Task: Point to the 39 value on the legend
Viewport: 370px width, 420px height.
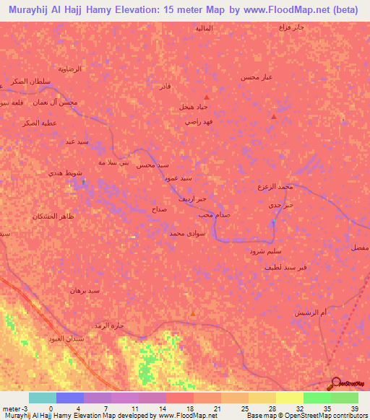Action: (354, 408)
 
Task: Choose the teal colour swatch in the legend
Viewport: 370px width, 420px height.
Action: (42, 398)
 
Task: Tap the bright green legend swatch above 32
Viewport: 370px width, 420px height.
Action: (317, 398)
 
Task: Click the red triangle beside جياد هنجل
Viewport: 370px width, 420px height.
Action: (207, 97)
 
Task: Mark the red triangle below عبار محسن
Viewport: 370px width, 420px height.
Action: (273, 116)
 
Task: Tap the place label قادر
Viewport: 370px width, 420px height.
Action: (165, 86)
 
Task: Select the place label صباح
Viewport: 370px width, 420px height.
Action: (159, 208)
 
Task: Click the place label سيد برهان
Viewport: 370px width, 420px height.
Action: (85, 290)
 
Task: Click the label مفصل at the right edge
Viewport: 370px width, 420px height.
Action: (359, 247)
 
